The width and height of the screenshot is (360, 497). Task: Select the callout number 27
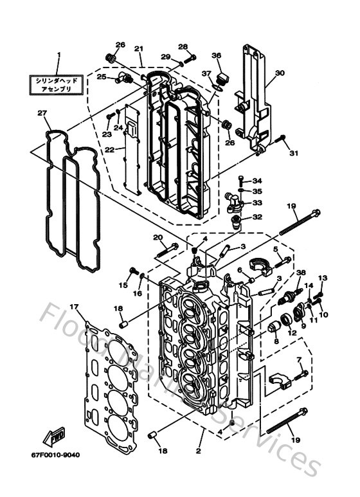42,114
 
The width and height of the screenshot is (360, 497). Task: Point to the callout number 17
74,307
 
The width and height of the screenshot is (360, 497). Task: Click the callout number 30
279,73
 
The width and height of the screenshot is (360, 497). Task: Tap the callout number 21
139,49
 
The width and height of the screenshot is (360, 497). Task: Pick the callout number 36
217,55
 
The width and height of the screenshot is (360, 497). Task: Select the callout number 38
301,272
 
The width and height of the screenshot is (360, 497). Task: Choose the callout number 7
299,358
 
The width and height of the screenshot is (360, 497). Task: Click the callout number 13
323,278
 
